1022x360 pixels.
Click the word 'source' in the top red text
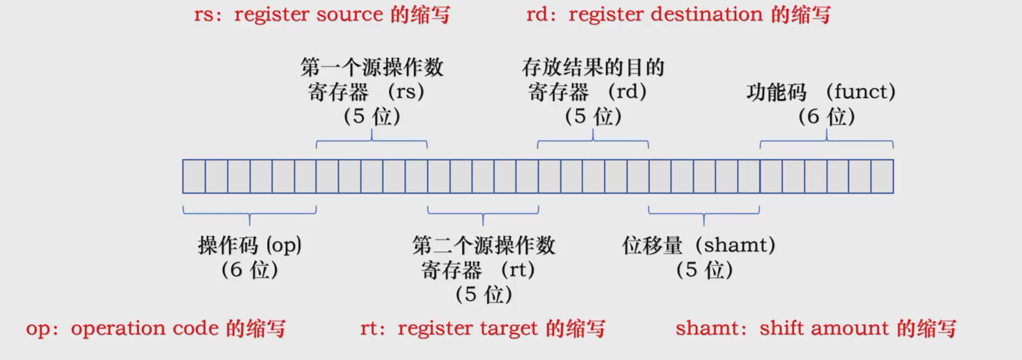[350, 15]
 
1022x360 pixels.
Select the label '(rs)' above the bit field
[406, 92]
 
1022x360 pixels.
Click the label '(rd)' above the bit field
[627, 92]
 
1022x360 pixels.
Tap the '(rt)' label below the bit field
[517, 270]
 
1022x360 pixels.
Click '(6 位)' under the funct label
[826, 116]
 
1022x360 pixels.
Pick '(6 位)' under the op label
[249, 270]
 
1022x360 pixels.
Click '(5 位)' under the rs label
[372, 116]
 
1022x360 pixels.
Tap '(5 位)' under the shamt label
[704, 270]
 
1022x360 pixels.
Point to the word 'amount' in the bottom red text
[855, 329]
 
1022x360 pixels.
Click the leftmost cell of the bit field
[194, 177]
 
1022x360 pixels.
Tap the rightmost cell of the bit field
[882, 177]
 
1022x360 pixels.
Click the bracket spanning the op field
[249, 213]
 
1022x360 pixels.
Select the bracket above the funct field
[826, 142]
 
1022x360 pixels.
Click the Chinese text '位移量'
[652, 245]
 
